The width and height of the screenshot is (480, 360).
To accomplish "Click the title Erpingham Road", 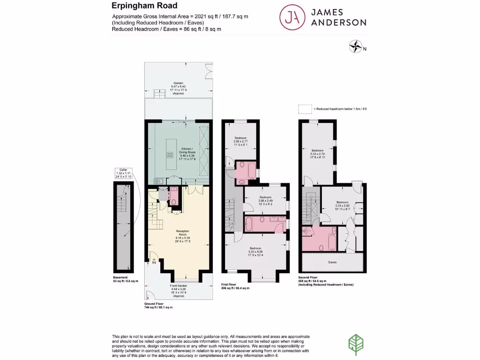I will click(x=144, y=6).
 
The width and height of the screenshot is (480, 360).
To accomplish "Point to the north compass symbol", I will click(x=357, y=47).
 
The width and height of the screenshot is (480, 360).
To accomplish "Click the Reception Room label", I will click(x=182, y=236).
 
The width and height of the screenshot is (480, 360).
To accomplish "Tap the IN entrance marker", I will click(x=153, y=262).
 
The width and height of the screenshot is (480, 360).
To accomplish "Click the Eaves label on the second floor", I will click(x=333, y=262).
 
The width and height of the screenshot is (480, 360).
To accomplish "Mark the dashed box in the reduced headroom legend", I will click(x=305, y=109).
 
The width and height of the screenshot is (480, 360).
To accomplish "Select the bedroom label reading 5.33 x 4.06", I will click(x=255, y=251).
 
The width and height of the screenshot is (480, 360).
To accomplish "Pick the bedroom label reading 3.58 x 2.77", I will click(x=240, y=141).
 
